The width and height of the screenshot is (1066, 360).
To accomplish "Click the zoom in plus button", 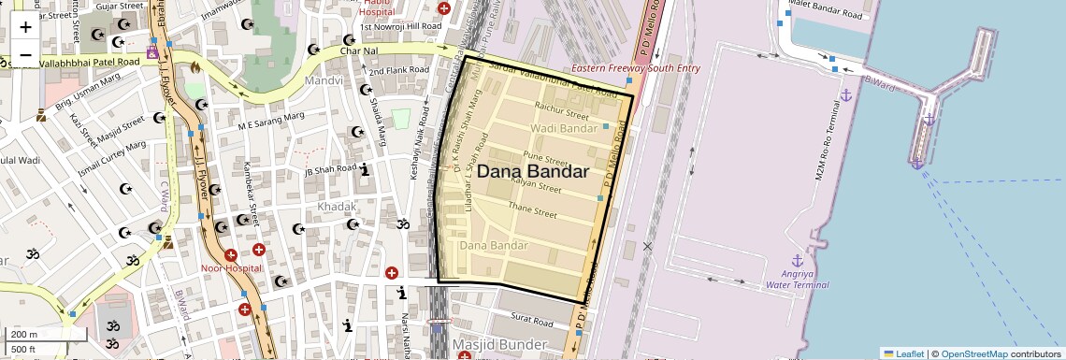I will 25,27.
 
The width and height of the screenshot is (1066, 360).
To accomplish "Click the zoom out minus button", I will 25,55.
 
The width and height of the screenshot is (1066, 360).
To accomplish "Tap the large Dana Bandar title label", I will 533,172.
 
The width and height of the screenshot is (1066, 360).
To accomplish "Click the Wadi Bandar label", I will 563,127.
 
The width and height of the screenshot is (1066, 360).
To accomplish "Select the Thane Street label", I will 531,209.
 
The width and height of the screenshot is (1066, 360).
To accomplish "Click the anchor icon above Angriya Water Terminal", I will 797,260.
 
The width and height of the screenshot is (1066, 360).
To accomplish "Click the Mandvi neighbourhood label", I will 324,81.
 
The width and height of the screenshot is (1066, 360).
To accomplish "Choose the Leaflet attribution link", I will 903,353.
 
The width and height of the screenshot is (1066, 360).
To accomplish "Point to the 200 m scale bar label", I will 24,334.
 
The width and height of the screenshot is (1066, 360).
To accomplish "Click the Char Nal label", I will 358,50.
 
